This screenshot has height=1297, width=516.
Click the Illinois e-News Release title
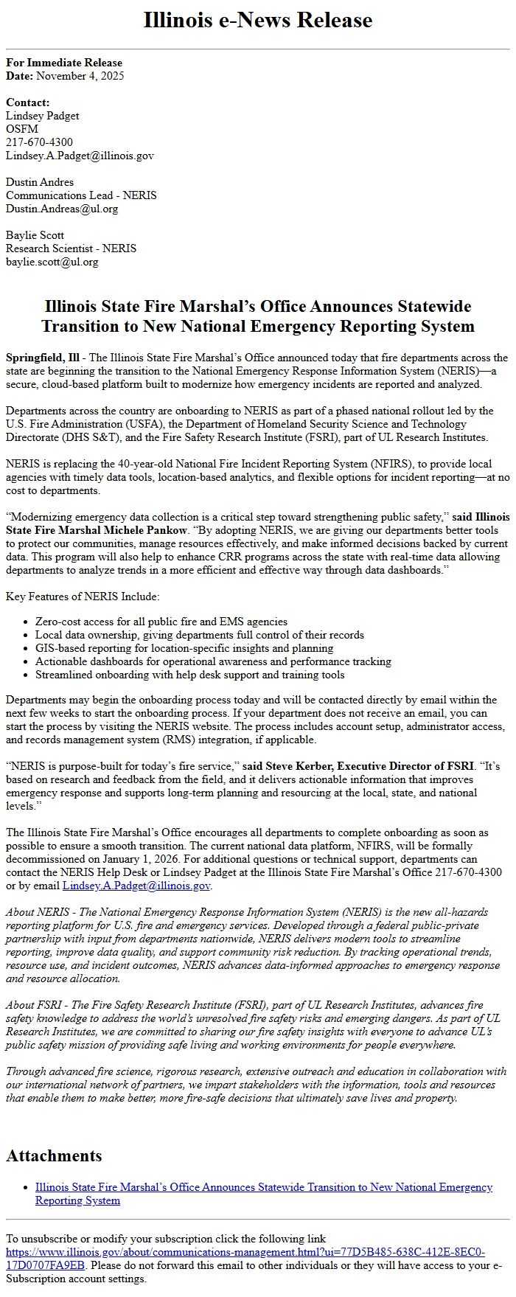(x=257, y=20)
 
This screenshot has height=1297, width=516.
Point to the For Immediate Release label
(x=64, y=63)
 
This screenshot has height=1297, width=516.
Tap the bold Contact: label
(x=28, y=102)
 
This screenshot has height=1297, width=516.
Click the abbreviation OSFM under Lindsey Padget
(x=22, y=129)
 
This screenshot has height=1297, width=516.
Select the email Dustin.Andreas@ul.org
(x=62, y=209)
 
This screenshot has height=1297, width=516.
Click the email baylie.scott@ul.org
(x=52, y=262)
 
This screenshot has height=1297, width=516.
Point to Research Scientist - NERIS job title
(x=71, y=248)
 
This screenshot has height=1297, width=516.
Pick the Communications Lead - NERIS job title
(x=81, y=195)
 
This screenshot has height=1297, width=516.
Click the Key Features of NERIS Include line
(x=83, y=597)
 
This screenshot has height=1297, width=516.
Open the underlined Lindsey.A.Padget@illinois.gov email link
(x=136, y=886)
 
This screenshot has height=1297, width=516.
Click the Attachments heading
(x=54, y=1155)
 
